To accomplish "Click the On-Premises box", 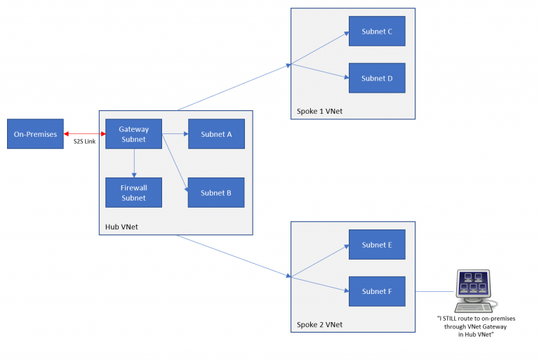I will click(35, 134).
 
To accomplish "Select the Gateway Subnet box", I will click(133, 134).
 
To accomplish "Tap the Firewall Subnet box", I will click(133, 192).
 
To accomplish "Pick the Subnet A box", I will click(215, 134).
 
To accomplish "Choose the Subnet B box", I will click(215, 192).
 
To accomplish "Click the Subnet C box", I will click(377, 32).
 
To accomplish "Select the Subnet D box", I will click(377, 78).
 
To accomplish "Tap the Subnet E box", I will click(377, 245).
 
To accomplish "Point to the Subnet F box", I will click(377, 291).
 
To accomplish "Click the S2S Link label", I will click(84, 142).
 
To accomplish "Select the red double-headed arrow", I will click(84, 133).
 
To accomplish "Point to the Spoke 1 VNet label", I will click(319, 112).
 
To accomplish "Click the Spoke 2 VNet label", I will click(319, 324).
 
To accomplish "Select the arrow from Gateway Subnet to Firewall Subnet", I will click(133, 163).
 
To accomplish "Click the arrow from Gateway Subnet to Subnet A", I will click(175, 134).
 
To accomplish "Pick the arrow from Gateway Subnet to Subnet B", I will click(174, 161).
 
